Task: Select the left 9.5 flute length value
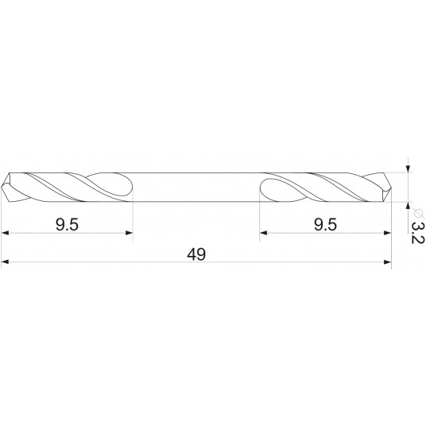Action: [67, 225]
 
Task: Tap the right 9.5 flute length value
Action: [325, 225]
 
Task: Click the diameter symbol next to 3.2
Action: [417, 210]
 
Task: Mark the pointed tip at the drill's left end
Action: [4, 187]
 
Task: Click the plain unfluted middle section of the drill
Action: [197, 187]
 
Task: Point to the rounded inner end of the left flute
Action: [127, 187]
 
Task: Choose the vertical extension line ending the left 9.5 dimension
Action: [132, 219]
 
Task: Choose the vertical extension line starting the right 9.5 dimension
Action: [261, 219]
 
